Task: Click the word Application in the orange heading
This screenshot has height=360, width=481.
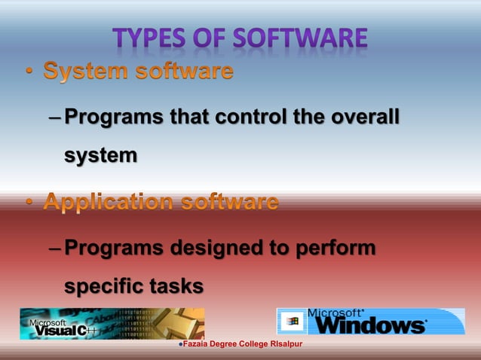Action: pyautogui.click(x=109, y=202)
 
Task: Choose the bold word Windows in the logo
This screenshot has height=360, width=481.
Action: pyautogui.click(x=370, y=326)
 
